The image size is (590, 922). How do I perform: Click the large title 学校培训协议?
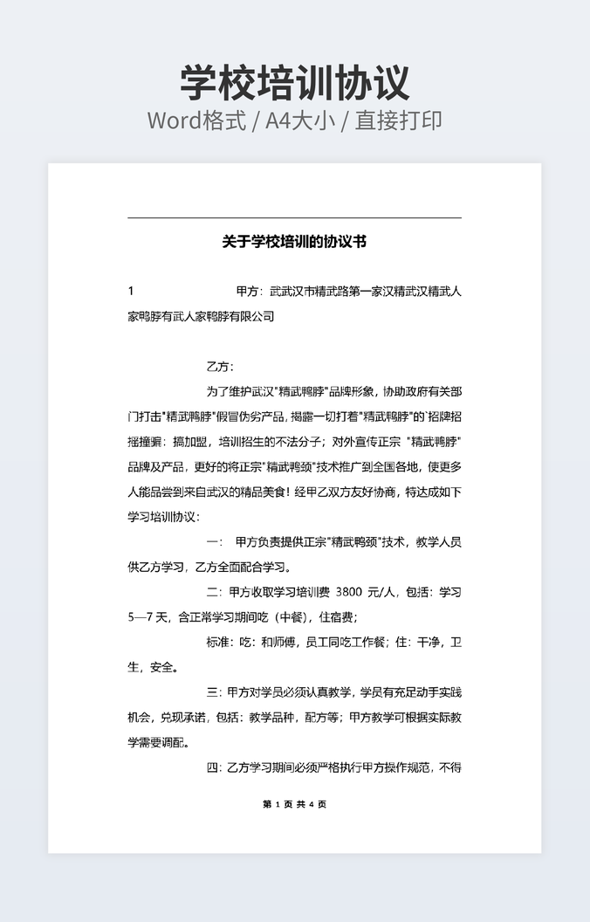coord(295,82)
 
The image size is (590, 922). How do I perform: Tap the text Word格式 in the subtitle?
coord(196,120)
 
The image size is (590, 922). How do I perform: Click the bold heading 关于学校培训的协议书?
coord(294,241)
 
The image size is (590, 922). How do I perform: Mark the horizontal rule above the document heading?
coord(294,217)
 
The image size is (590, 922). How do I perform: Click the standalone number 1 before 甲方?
coord(131,291)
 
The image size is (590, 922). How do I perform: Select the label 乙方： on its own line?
coord(220,366)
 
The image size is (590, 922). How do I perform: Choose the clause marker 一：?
coord(215,542)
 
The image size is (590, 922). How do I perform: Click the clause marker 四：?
coord(215,768)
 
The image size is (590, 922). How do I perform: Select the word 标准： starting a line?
coord(220,643)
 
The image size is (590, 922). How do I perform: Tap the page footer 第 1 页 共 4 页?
coord(294,804)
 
